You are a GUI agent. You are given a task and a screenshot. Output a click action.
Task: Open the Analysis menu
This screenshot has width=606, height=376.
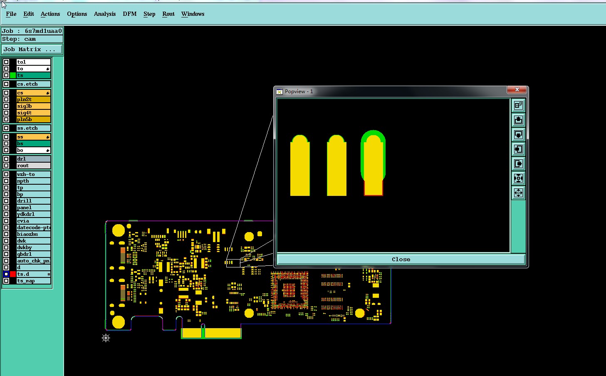coord(105,14)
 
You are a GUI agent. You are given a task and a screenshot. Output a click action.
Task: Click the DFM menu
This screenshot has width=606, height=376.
coord(130,14)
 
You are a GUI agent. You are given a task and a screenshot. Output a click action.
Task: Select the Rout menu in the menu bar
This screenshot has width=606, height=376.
coord(168,14)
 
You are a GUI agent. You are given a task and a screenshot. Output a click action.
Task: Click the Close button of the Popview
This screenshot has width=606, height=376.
coord(401,260)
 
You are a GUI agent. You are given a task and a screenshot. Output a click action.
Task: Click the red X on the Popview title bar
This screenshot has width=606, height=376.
coord(517,89)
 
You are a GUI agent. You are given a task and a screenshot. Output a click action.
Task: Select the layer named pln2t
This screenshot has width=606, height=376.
coord(33,99)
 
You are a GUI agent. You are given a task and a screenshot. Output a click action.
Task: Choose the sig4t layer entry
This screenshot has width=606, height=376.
coord(33,113)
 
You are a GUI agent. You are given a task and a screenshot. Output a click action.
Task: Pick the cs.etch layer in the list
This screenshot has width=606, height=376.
coord(33,84)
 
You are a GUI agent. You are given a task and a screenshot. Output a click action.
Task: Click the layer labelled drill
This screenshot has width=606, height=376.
coord(33,201)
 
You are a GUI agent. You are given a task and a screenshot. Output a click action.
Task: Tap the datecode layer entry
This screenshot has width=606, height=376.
coord(33,228)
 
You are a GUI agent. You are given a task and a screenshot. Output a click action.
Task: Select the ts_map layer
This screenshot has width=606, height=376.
coord(33,281)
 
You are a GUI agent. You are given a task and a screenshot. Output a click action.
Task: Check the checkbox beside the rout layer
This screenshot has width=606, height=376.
coord(6,166)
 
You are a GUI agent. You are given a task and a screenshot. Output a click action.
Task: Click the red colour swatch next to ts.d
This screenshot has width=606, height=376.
coord(13,274)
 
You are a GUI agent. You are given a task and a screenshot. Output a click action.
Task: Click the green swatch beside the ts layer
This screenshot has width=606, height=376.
coord(13,75)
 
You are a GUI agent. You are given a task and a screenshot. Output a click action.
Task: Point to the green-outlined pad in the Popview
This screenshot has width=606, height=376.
coord(373,163)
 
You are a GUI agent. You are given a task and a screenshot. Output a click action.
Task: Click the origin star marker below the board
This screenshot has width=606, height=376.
coord(106,338)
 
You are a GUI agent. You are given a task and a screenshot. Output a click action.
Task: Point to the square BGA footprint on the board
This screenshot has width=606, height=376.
coord(289,290)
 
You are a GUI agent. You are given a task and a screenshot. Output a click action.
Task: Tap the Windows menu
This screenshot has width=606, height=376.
coord(193,14)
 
